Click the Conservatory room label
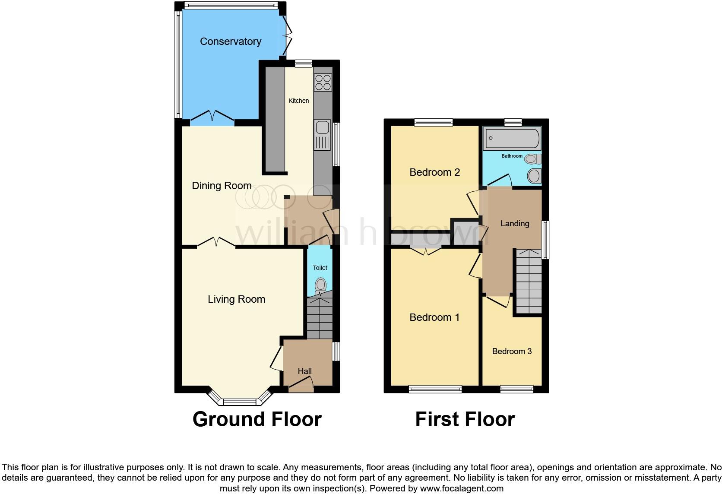pos(231,41)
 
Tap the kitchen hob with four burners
pos(323,82)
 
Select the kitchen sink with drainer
pos(322,134)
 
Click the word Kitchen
pos(298,101)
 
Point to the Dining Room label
pos(222,186)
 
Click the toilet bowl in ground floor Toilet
pos(320,285)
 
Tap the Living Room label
pos(236,299)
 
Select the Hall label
pos(304,371)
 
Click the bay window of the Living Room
pos(240,400)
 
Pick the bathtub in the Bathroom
pos(512,139)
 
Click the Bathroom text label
pos(512,156)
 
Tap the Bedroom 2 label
pos(434,172)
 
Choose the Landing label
pos(514,223)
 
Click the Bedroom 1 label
pos(434,317)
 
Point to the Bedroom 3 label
pos(512,351)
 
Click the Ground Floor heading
pos(257,419)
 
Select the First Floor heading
pos(465,419)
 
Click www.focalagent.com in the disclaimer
pos(461,488)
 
